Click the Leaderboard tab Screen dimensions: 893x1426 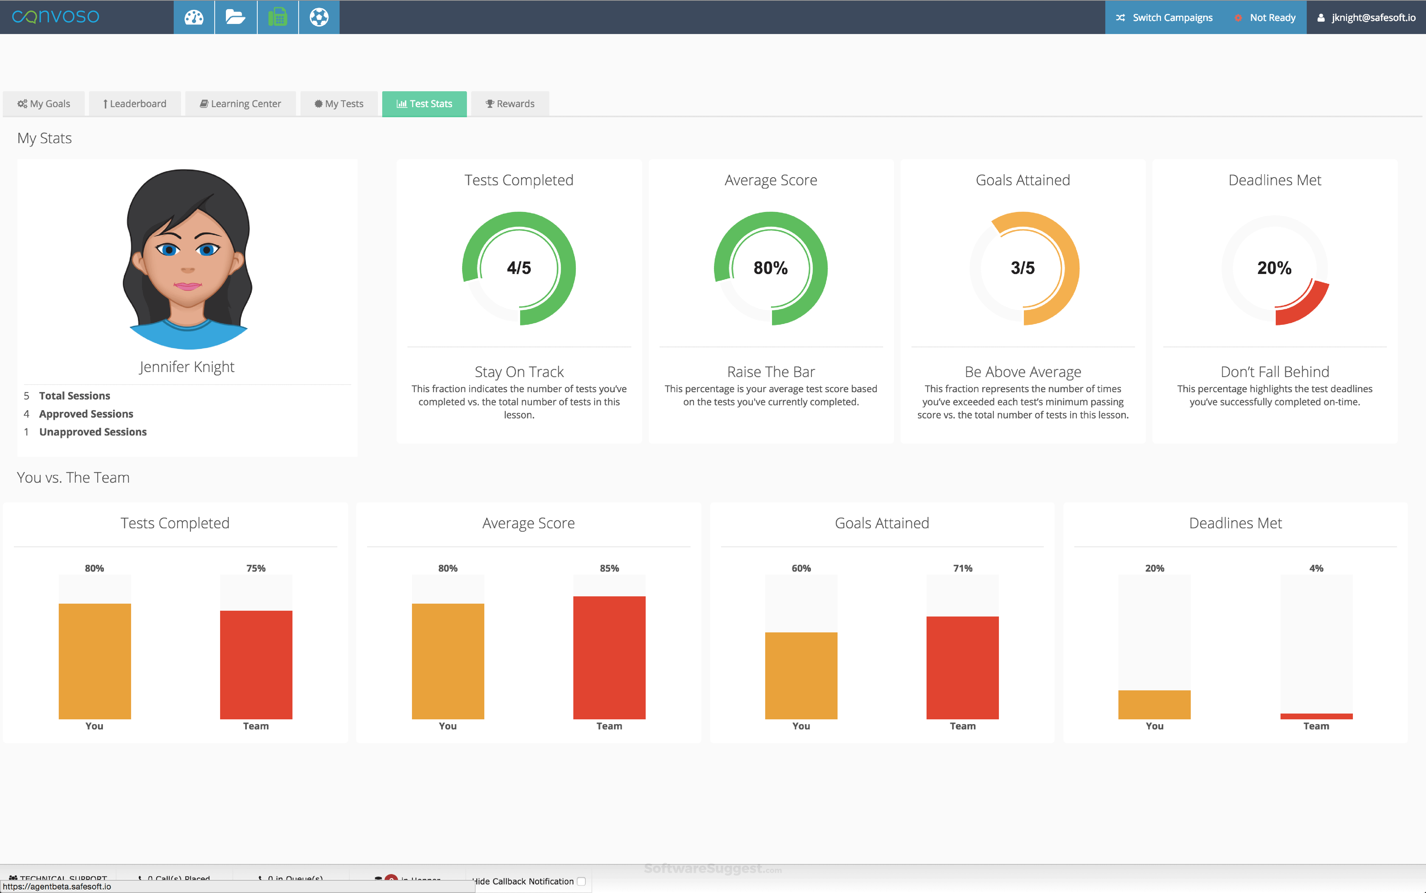(135, 104)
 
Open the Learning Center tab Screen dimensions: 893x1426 (241, 104)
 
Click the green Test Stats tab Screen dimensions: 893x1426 (424, 104)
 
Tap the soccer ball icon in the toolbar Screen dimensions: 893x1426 (319, 17)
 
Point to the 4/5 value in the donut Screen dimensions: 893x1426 (519, 268)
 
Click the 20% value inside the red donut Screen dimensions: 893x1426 (1274, 268)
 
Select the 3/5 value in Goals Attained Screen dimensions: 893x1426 (1023, 268)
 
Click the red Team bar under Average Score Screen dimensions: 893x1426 (609, 657)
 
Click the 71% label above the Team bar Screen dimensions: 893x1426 (962, 568)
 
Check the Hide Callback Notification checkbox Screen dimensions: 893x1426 (581, 881)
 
